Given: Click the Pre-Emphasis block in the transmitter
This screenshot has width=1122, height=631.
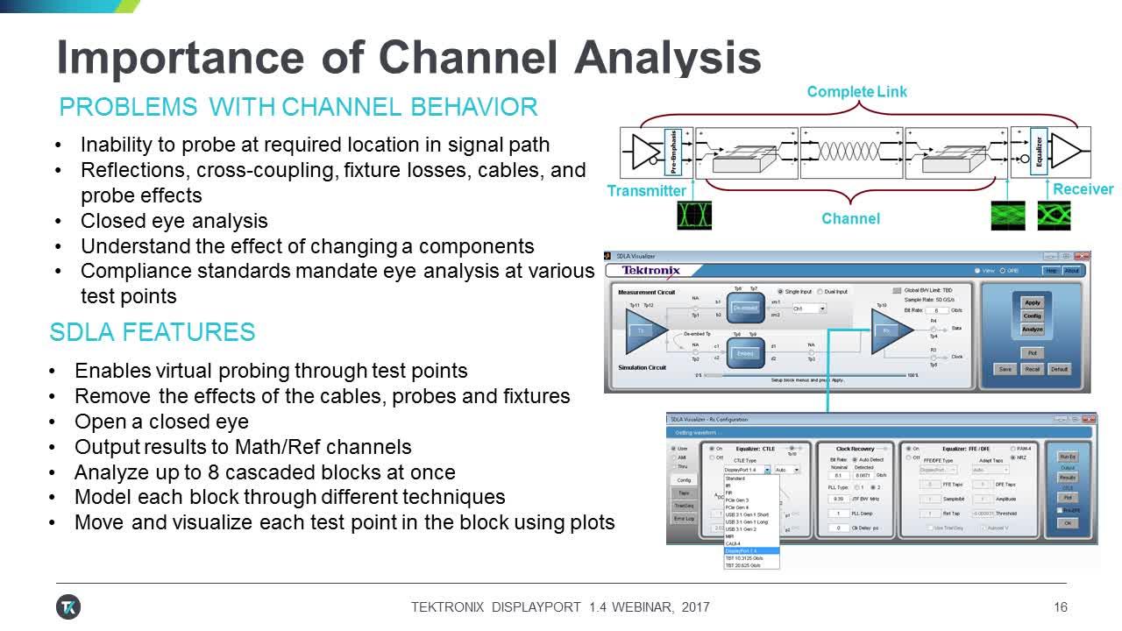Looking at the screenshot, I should [x=672, y=150].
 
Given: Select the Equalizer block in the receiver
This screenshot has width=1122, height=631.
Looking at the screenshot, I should [x=1038, y=150].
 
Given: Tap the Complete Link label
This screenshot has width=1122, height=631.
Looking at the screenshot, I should [x=856, y=91].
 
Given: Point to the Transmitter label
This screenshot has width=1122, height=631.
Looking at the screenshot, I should [x=647, y=190].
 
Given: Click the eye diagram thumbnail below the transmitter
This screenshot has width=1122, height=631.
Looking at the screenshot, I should [x=694, y=216].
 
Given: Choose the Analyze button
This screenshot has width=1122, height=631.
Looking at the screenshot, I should [x=1033, y=330].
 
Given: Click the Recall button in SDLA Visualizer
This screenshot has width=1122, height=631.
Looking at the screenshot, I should [x=1033, y=369].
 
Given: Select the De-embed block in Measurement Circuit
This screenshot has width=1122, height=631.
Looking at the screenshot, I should [x=745, y=308].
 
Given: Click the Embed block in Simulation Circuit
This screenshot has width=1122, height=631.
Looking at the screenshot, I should [x=745, y=353].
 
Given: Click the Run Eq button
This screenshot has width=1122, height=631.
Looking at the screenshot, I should [x=1068, y=457].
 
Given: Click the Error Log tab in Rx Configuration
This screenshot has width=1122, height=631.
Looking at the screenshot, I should [x=684, y=519].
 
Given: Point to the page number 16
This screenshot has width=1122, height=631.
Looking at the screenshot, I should [x=1061, y=607].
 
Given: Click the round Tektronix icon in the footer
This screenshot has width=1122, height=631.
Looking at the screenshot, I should [x=68, y=606].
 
